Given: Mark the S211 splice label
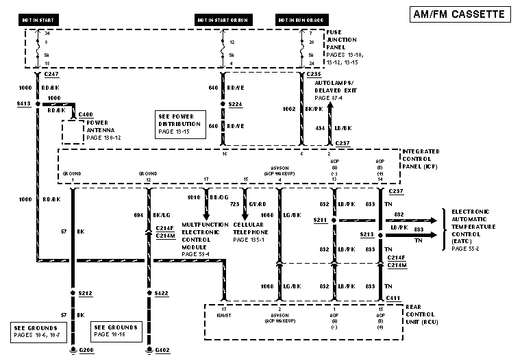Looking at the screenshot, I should point(319,219).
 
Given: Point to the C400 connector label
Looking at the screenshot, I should point(86,114).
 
